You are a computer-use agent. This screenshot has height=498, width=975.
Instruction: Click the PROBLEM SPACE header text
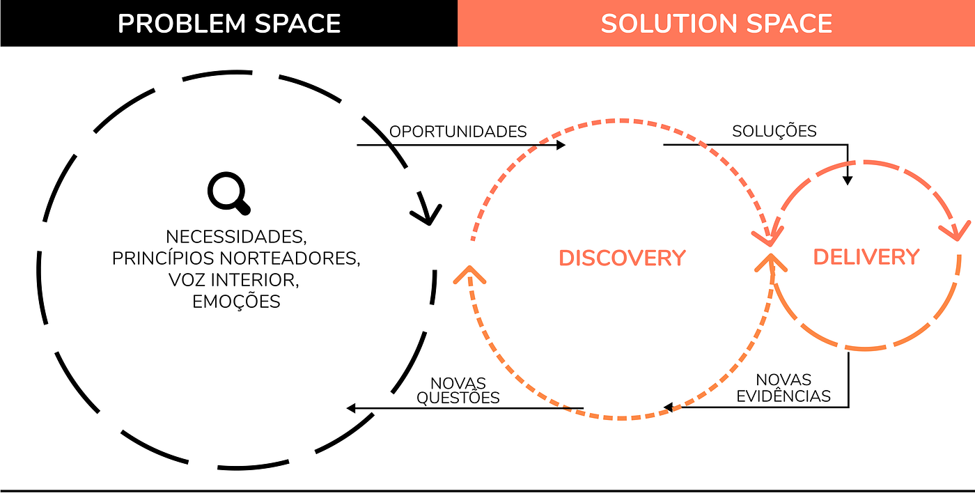(229, 24)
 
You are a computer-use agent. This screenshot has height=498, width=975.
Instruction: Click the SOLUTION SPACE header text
(717, 24)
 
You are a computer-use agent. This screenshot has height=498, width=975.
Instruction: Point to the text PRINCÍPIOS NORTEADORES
(235, 258)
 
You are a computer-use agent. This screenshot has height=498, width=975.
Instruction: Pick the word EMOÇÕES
(235, 302)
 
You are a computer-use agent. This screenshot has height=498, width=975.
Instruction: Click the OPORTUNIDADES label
(458, 132)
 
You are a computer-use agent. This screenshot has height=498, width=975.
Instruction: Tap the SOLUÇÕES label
(774, 131)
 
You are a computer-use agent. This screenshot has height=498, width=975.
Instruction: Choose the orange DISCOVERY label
(623, 258)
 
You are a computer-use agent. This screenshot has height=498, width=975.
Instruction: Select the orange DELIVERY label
(866, 257)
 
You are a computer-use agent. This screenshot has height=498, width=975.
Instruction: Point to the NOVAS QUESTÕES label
(458, 390)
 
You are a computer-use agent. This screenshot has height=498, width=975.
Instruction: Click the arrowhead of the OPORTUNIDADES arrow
(561, 145)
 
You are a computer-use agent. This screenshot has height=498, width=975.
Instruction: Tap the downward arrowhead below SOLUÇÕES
(848, 180)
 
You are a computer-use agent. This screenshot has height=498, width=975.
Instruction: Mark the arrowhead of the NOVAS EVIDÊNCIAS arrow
(668, 407)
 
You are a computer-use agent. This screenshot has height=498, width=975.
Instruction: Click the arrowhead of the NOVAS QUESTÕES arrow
(352, 408)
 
